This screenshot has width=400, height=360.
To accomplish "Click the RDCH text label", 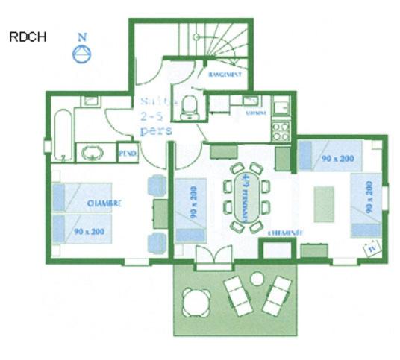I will coord(28,38).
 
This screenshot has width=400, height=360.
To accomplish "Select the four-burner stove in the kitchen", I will coord(281,131).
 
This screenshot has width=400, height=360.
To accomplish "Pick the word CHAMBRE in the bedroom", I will coord(104,203).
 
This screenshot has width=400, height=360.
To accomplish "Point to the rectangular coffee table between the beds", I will coord(324,203).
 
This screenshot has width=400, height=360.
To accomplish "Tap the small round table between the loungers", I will coord(257,279).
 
